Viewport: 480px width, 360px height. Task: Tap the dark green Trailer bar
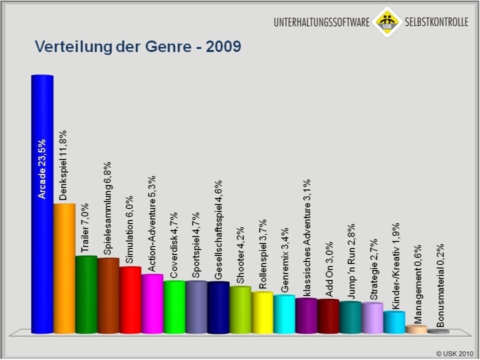pyautogui.click(x=86, y=294)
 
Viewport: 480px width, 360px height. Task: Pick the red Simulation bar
pyautogui.click(x=130, y=300)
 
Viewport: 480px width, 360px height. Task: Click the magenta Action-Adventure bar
pyautogui.click(x=152, y=303)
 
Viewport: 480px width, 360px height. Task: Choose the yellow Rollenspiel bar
pyautogui.click(x=262, y=312)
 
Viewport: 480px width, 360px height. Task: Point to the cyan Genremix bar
pyautogui.click(x=284, y=314)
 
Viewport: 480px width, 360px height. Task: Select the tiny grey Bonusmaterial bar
pyautogui.click(x=438, y=331)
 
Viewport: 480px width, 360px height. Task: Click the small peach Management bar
pyautogui.click(x=416, y=329)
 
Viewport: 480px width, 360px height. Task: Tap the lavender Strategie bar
pyautogui.click(x=372, y=318)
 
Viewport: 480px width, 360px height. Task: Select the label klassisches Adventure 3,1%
pyautogui.click(x=306, y=237)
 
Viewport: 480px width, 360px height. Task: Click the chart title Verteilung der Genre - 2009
pyautogui.click(x=138, y=47)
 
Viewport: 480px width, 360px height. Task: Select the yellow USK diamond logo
pyautogui.click(x=386, y=21)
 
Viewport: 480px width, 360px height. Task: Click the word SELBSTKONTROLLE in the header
pyautogui.click(x=436, y=22)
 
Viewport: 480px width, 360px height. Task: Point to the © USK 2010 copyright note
pyautogui.click(x=454, y=353)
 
